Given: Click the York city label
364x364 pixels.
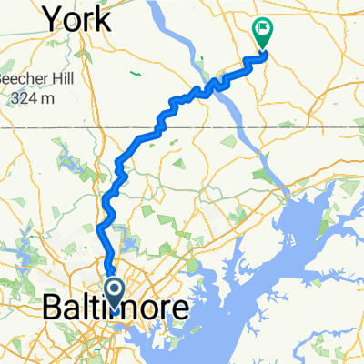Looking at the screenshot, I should click(x=77, y=17).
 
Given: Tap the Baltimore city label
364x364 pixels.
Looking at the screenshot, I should click(x=116, y=309).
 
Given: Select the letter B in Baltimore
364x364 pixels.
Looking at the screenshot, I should click(x=53, y=309).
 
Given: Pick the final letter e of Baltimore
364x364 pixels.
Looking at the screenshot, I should click(x=182, y=310).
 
